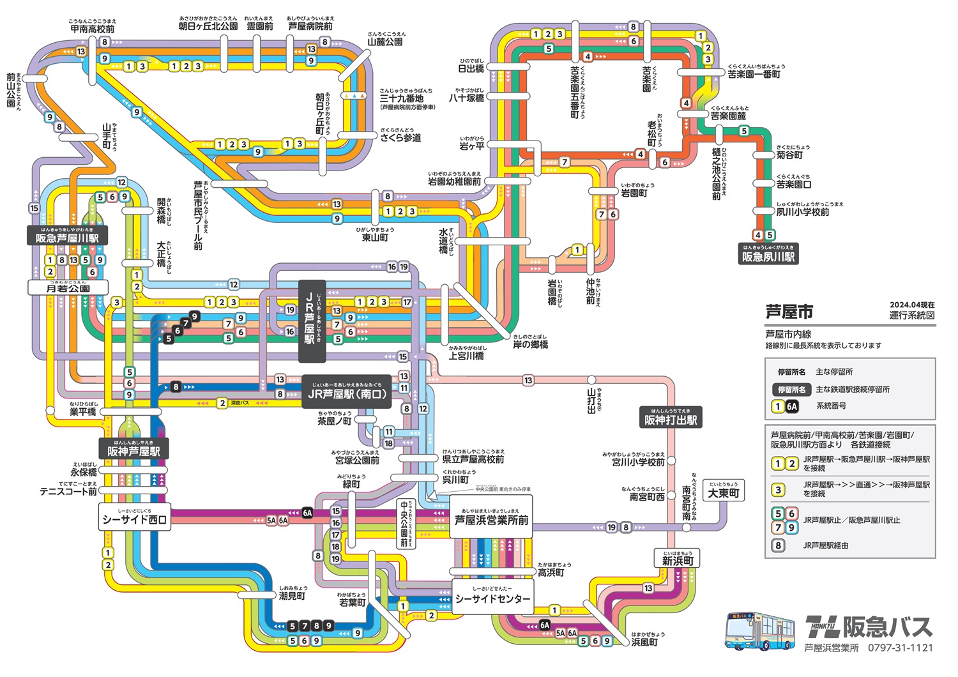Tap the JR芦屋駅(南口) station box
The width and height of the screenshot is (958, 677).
point(346,393)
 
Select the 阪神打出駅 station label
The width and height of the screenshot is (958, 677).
point(671,419)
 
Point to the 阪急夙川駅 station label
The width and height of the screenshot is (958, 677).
point(768,255)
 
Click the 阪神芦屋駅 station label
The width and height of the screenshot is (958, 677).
point(133,450)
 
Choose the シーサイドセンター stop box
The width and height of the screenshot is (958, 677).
point(492,598)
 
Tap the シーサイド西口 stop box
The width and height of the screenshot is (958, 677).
point(134,519)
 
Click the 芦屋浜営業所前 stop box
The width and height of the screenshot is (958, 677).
point(491,519)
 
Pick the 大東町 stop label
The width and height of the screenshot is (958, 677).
point(723,492)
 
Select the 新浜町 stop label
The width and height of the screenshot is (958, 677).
point(677,560)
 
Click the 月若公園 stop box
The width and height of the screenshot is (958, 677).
point(68,288)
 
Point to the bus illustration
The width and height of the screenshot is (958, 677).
point(760,631)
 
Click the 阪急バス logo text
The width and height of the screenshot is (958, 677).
point(869,627)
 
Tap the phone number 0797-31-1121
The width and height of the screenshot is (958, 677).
point(900,648)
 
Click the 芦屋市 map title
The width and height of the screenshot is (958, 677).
point(789,312)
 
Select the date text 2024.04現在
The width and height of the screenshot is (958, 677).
point(911,305)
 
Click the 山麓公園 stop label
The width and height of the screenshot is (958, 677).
point(385,42)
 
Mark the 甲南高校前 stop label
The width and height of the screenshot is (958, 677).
point(93,29)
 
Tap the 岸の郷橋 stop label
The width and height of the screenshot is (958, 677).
point(530,344)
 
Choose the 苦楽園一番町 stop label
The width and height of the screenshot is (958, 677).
point(754,74)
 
